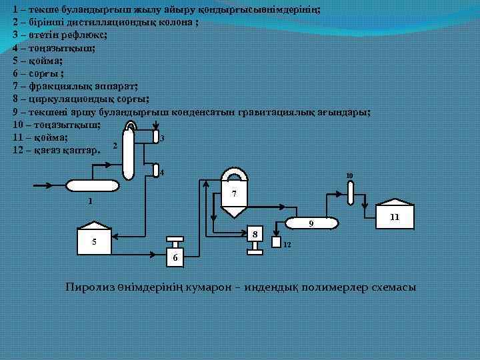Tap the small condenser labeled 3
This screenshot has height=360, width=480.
pyautogui.click(x=155, y=138)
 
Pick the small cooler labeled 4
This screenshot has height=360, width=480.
pyautogui.click(x=155, y=171)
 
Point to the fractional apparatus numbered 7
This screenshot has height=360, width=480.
pyautogui.click(x=233, y=194)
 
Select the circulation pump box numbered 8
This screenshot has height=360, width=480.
pyautogui.click(x=254, y=234)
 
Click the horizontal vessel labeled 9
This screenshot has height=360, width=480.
pyautogui.click(x=309, y=224)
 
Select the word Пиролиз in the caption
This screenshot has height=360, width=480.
pyautogui.click(x=85, y=287)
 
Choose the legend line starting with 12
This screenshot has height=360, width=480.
pyautogui.click(x=57, y=151)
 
